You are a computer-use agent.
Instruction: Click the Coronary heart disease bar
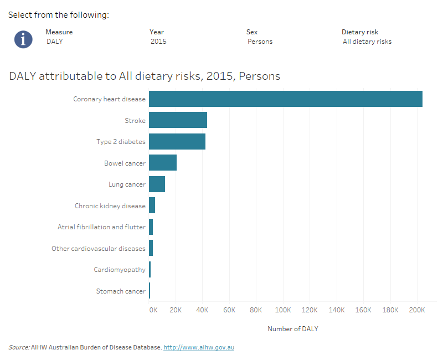[x=285, y=99]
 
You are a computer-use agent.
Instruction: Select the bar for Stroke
[x=178, y=120]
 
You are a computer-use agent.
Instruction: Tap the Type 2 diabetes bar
[x=177, y=142]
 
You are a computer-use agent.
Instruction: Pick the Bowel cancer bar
[x=163, y=163]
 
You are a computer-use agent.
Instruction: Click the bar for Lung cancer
[x=157, y=184]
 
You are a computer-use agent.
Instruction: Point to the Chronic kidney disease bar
[x=152, y=205]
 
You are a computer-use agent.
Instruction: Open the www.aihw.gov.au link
[x=199, y=347]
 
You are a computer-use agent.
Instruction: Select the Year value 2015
[x=158, y=42]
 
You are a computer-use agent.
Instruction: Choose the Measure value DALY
[x=55, y=42]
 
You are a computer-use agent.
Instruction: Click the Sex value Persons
[x=260, y=42]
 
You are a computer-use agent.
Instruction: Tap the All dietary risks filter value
[x=367, y=42]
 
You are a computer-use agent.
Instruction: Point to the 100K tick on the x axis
[x=283, y=310]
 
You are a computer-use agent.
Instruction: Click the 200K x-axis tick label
[x=416, y=310]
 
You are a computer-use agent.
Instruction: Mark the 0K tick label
[x=153, y=310]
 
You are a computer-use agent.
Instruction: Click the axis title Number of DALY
[x=292, y=329]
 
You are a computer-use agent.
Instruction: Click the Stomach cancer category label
[x=121, y=291]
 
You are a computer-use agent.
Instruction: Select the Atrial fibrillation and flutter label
[x=101, y=227]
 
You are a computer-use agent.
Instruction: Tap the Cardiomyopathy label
[x=120, y=270]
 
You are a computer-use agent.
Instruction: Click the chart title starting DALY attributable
[x=145, y=76]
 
